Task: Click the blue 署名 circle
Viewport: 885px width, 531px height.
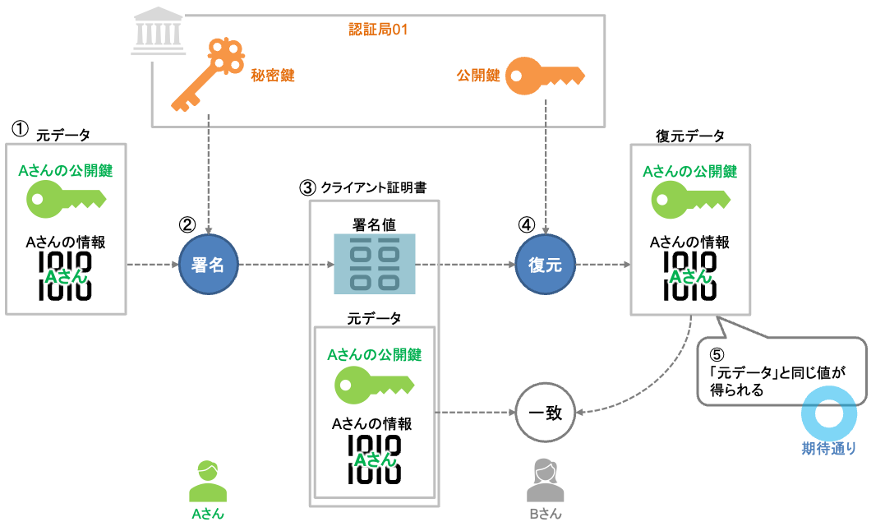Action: [x=209, y=265]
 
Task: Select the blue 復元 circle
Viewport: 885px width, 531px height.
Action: [x=545, y=265]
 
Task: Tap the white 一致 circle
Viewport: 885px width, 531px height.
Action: [x=545, y=413]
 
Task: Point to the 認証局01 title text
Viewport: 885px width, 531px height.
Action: [x=378, y=30]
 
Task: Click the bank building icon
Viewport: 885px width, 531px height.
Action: [x=158, y=34]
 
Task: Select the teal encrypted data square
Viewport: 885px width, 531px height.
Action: [x=375, y=264]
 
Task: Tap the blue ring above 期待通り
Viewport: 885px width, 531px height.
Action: [x=828, y=413]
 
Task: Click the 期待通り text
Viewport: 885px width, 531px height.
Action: [x=828, y=449]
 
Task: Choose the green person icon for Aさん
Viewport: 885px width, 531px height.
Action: [x=208, y=482]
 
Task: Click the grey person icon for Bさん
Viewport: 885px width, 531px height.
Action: [x=545, y=481]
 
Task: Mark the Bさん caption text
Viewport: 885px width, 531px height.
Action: [x=545, y=514]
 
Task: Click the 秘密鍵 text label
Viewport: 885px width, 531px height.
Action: [x=273, y=76]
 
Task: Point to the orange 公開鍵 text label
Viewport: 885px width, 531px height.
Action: [x=478, y=76]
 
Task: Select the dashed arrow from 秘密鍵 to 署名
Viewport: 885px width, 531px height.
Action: [x=209, y=173]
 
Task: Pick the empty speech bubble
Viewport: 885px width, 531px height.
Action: [x=781, y=370]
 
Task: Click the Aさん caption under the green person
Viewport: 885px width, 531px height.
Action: [x=208, y=514]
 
